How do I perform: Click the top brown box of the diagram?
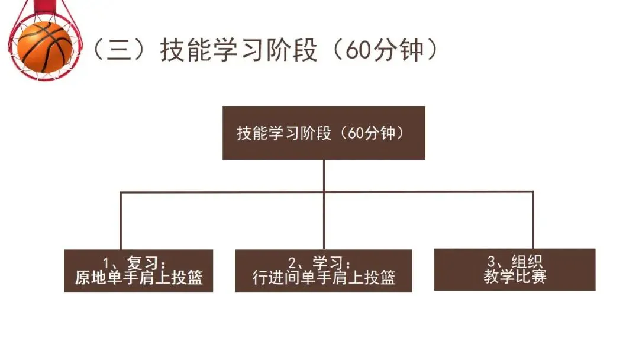point(324,133)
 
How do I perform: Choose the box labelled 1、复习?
point(138,270)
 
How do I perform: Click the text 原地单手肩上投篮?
point(138,278)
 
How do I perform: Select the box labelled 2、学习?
point(324,270)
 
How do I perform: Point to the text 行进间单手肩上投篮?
point(324,278)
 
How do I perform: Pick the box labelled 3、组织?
point(515,269)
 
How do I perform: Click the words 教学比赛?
point(515,277)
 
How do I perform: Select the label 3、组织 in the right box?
point(515,262)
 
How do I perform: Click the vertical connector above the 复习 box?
point(121,220)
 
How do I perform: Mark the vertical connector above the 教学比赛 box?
point(533,220)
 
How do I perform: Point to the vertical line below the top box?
point(324,175)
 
